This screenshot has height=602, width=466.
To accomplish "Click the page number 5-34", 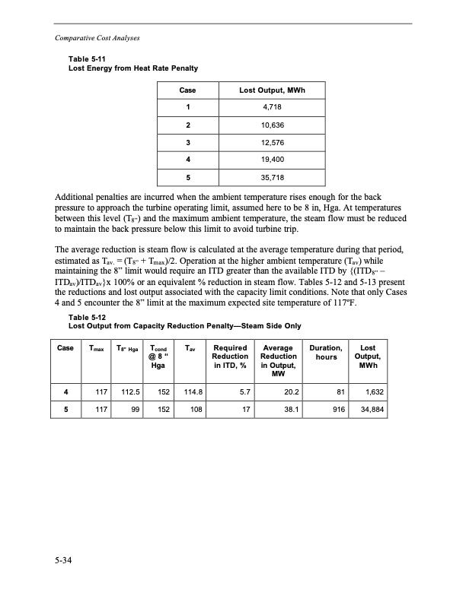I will click(x=64, y=562).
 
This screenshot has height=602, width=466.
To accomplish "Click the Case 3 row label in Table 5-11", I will click(x=187, y=143).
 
